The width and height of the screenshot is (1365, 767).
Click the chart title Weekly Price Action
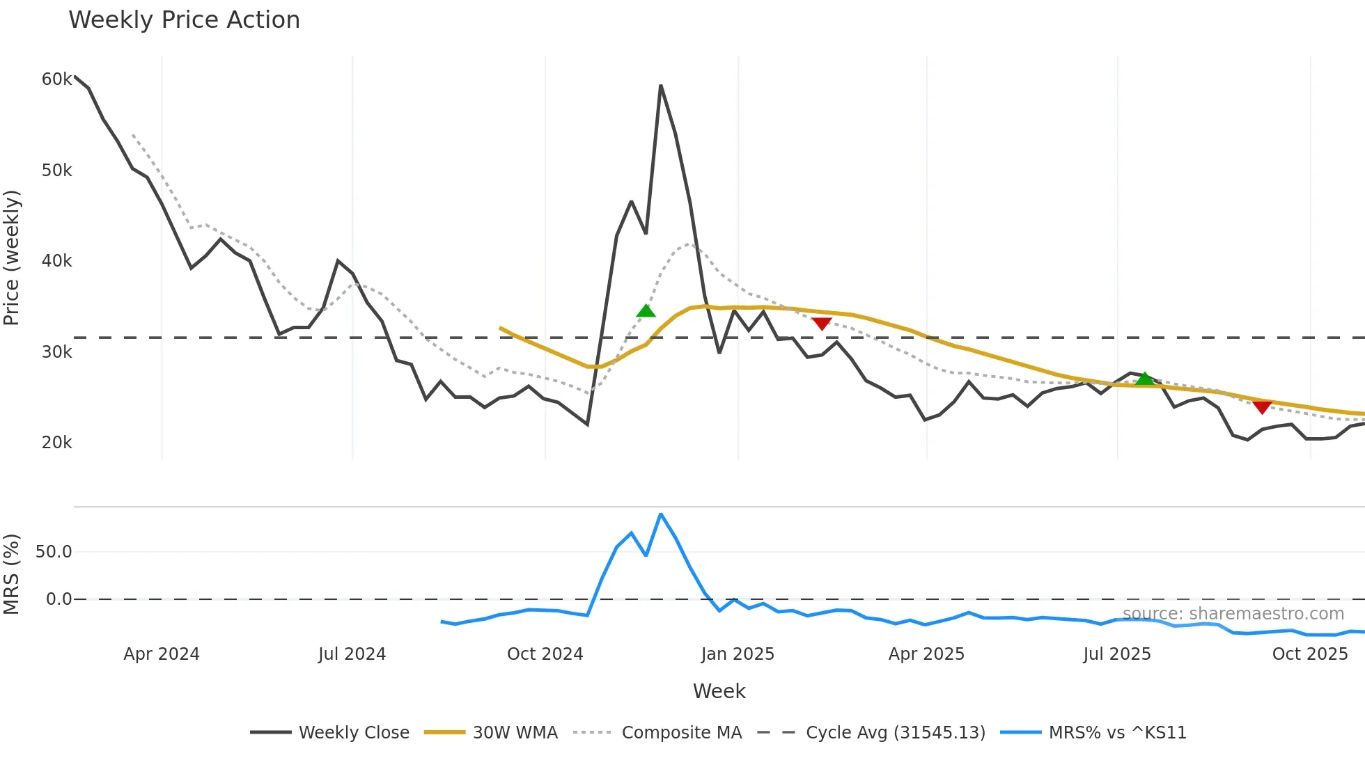(184, 20)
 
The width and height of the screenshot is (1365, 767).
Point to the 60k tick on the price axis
(56, 79)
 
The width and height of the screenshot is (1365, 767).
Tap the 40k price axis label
(56, 261)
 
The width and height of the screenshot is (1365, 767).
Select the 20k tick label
(56, 443)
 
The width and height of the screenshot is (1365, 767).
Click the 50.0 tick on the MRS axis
(54, 552)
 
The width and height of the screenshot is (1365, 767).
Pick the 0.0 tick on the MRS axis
(58, 599)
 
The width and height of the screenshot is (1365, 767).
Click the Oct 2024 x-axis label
(545, 654)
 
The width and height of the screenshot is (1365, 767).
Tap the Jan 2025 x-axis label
(738, 654)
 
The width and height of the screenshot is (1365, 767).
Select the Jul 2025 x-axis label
(1117, 654)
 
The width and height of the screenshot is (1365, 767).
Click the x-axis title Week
(719, 691)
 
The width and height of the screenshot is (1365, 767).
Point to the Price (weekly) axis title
(12, 258)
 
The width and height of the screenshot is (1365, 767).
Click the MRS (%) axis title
(12, 574)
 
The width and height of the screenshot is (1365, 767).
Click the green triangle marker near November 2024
(646, 311)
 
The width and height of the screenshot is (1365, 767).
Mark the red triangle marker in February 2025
(822, 324)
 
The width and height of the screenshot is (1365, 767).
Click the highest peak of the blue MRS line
(660, 514)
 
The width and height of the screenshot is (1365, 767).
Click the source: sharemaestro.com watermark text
(1233, 614)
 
